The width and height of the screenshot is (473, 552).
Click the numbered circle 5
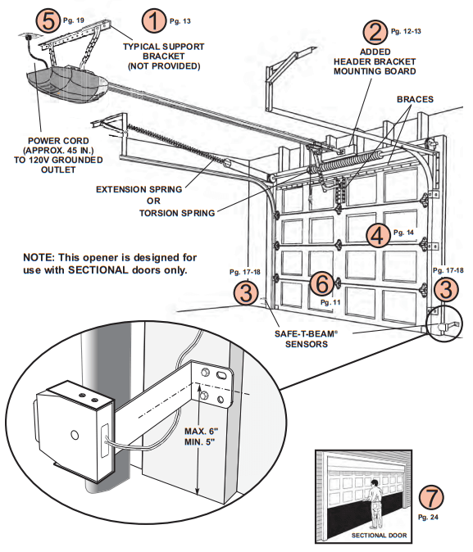coord(48,20)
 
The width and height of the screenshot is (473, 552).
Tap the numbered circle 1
coord(153,20)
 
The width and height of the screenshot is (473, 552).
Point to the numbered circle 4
coord(376,236)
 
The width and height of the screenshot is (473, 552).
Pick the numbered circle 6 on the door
coord(322,283)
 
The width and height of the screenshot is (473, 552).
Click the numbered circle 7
coord(430,497)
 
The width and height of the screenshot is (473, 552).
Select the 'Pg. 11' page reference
coord(330,302)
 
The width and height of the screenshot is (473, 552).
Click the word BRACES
coord(415,99)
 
